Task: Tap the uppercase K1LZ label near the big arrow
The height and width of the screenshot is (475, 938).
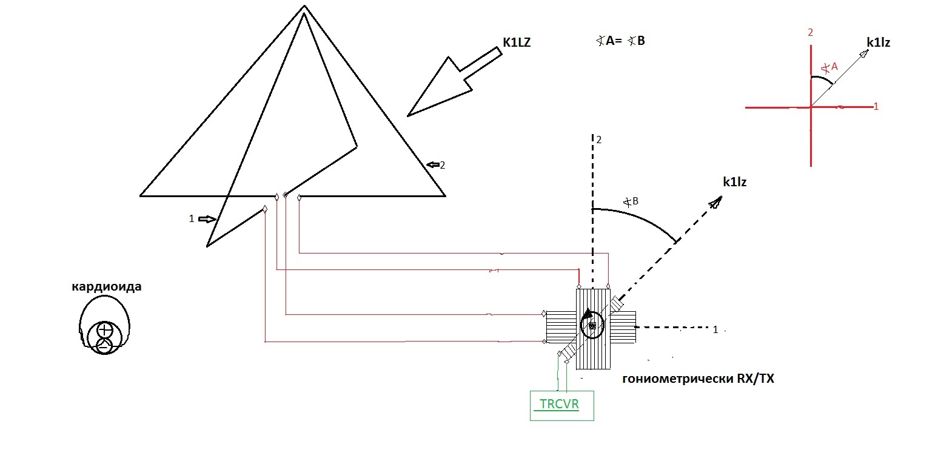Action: coord(516,42)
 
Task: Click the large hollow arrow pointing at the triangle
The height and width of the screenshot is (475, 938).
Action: coord(452,83)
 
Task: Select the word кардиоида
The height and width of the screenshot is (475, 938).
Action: coord(107,286)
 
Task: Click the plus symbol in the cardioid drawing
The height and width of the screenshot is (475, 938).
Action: coord(106,331)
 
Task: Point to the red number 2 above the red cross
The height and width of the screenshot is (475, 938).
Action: coord(810,32)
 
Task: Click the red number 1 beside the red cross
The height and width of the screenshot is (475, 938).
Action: coord(876,106)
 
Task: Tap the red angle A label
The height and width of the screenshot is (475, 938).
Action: coord(829,67)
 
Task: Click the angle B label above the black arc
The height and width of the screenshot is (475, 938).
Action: coord(631,201)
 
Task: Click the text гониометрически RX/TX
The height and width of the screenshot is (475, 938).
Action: coord(698,379)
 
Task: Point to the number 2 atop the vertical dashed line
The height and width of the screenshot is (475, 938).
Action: coord(598,140)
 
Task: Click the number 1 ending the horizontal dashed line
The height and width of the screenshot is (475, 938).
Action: coord(715,329)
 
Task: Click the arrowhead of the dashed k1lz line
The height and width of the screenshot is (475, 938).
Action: coord(716,202)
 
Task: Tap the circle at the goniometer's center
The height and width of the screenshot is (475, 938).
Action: coord(591,326)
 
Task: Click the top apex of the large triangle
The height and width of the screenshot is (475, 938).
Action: coord(304,7)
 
